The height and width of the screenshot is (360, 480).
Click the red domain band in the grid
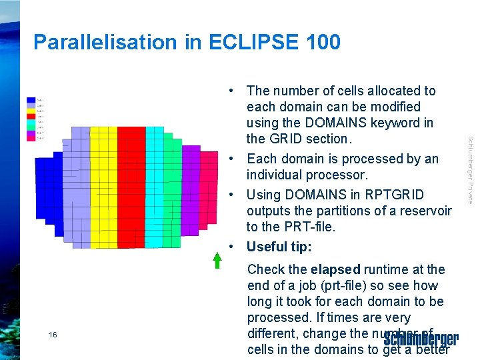click(x=131, y=187)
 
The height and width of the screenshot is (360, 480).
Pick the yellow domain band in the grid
click(x=103, y=187)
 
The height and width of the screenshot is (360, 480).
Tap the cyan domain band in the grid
click(x=154, y=187)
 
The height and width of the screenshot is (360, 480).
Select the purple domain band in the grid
click(x=191, y=187)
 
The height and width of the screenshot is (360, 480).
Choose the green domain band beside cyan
click(x=173, y=187)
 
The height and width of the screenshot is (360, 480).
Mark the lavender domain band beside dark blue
click(x=80, y=187)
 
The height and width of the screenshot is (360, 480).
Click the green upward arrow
click(x=217, y=260)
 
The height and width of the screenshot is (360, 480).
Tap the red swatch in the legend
click(x=31, y=115)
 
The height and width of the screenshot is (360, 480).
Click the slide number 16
click(x=53, y=335)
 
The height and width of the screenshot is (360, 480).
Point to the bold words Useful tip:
click(x=279, y=247)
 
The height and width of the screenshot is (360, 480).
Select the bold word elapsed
click(x=335, y=269)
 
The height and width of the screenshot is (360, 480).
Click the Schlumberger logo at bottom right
click(x=421, y=339)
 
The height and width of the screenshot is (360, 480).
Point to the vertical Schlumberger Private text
click(x=470, y=170)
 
